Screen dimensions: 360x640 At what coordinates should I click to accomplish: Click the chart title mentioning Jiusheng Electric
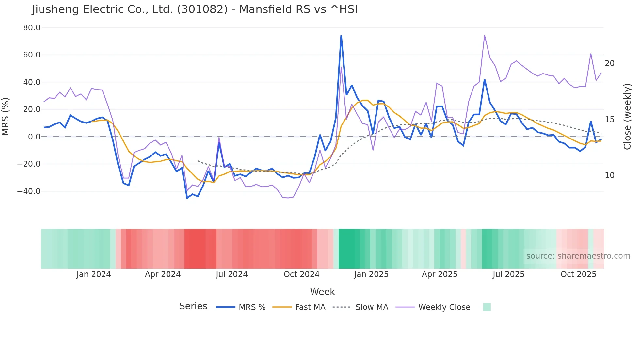tap(195, 9)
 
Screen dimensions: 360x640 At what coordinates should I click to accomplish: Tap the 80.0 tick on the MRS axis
tap(32, 28)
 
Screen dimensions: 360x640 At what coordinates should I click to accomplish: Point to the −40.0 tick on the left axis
tap(29, 191)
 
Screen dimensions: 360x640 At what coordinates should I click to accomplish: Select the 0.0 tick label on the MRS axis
tap(34, 137)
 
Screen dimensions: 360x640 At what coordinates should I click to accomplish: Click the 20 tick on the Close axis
tap(610, 63)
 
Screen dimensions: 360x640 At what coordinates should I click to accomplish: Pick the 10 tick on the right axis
tap(610, 175)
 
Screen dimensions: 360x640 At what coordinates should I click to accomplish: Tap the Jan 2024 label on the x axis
tap(94, 274)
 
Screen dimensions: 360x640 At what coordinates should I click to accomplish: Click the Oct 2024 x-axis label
tap(301, 274)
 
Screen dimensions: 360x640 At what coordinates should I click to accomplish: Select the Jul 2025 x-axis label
tap(508, 274)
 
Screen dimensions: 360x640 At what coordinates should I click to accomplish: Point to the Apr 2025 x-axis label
tap(440, 274)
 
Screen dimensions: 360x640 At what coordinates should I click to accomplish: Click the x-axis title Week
tap(322, 292)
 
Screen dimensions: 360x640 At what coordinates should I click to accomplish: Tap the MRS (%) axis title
tap(6, 116)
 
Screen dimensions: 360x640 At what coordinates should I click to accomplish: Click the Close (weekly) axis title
tap(627, 117)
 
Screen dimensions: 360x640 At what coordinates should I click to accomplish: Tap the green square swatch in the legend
tap(487, 307)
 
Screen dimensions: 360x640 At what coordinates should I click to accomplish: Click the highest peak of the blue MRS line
tap(341, 36)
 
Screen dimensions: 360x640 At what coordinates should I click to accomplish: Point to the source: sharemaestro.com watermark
tap(578, 256)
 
